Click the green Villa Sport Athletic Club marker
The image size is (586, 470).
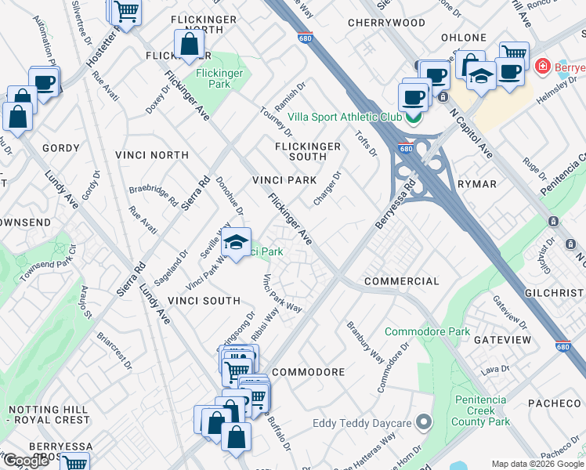point(413,117)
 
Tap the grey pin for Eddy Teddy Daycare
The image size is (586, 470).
point(424,424)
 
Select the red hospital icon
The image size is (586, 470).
point(541,67)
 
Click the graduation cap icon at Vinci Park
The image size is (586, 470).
point(236,242)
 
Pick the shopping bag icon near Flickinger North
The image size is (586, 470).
point(189,45)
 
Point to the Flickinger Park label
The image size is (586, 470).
point(219,78)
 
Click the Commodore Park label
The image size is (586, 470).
point(427,331)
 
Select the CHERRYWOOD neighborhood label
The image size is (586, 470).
point(386,23)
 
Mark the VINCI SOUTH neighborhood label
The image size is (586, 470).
point(204,301)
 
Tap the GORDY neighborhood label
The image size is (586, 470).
point(61,148)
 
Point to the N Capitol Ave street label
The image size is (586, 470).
point(470,134)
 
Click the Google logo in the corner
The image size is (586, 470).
point(25,461)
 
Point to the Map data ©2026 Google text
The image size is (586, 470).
point(537,464)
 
